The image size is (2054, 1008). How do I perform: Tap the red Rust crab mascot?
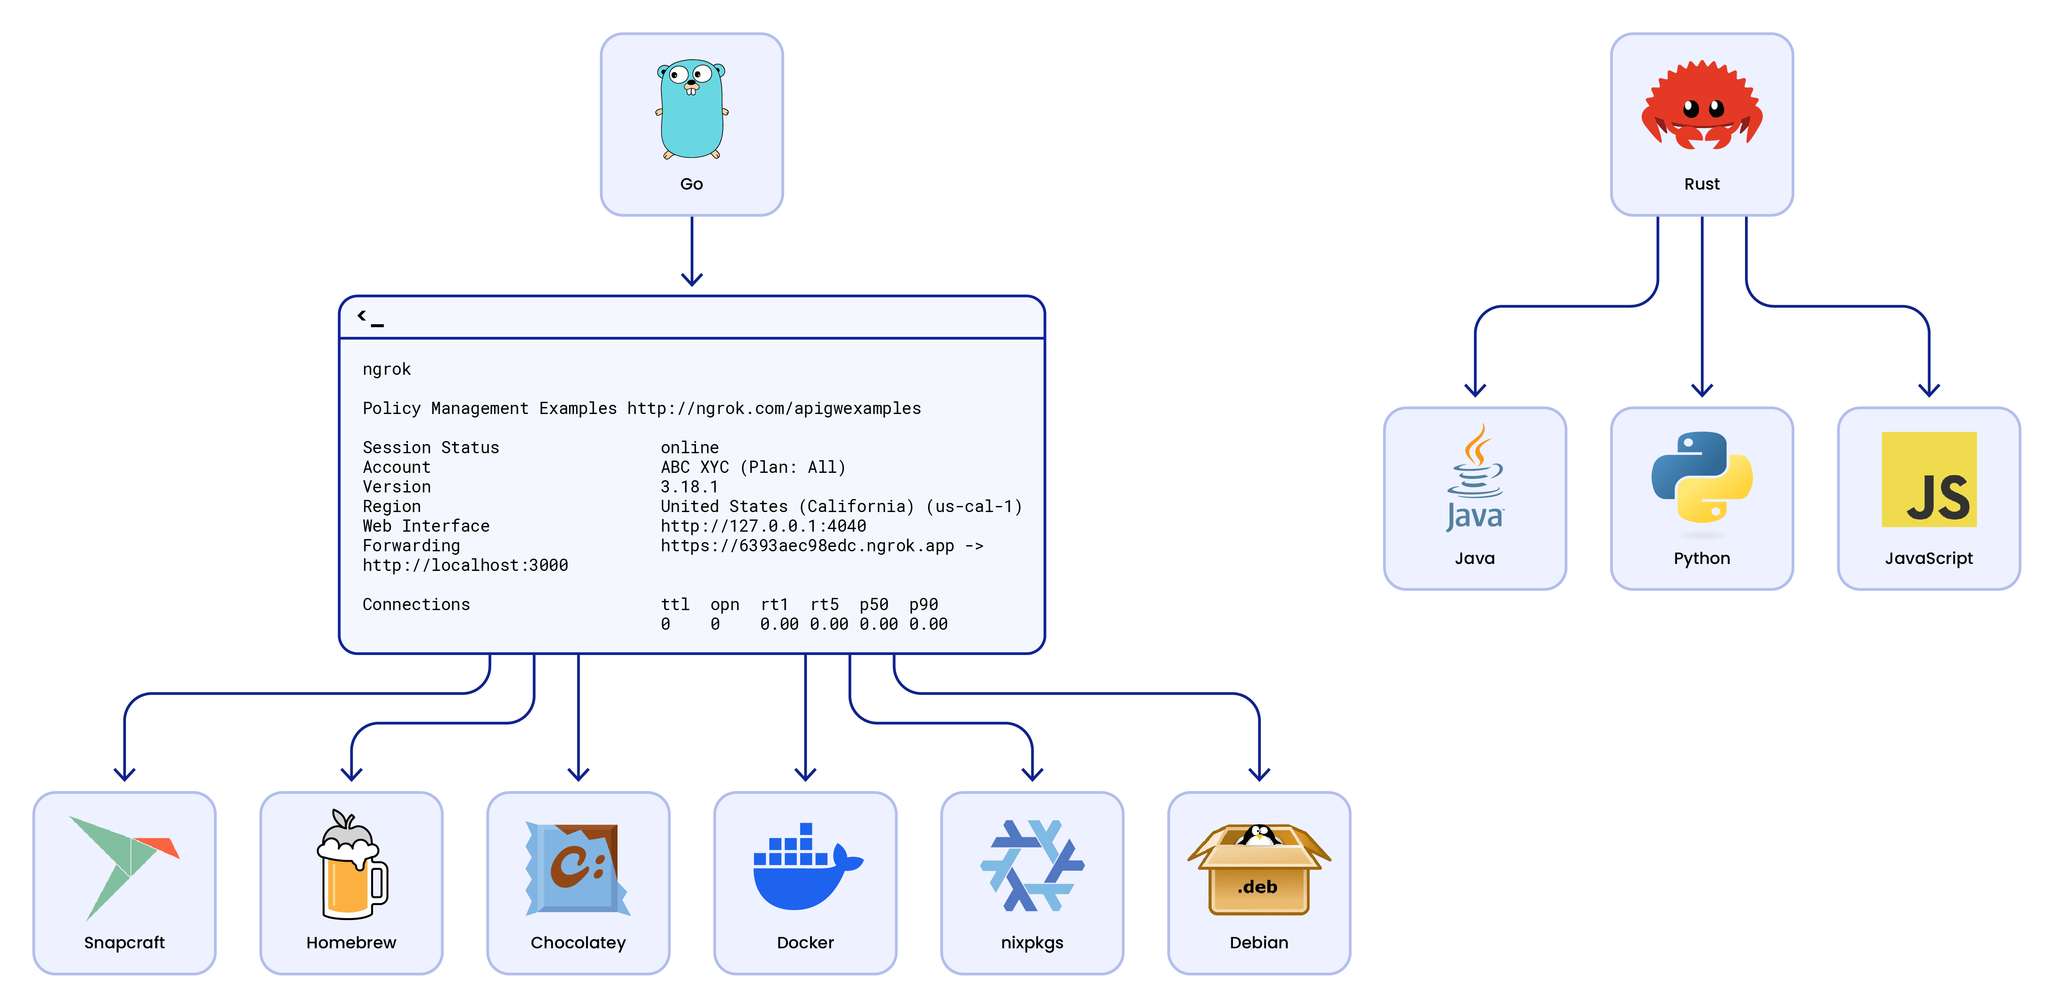pyautogui.click(x=1701, y=106)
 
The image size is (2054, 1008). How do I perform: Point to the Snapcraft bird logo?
pyautogui.click(x=124, y=865)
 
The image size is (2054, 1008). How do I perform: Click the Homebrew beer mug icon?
pyautogui.click(x=352, y=865)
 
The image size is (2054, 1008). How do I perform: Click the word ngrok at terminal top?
pyautogui.click(x=387, y=369)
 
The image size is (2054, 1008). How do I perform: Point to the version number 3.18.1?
pyautogui.click(x=689, y=486)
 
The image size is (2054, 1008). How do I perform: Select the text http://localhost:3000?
pyautogui.click(x=465, y=565)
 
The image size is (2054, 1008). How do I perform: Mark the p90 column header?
pyautogui.click(x=923, y=604)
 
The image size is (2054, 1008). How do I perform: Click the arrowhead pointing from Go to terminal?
pyautogui.click(x=691, y=278)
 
